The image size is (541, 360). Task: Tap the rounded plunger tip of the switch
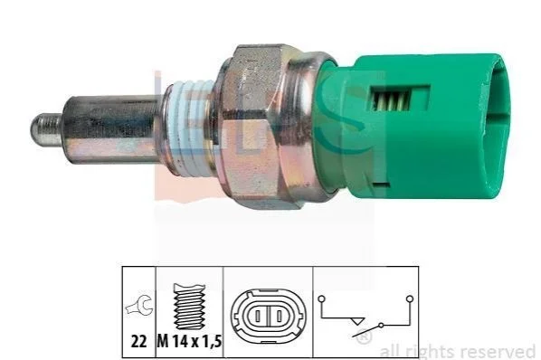pos(46,130)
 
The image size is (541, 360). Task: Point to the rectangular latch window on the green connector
pos(400,99)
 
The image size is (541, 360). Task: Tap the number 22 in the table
pos(138,341)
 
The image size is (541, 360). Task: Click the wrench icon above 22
pos(139,305)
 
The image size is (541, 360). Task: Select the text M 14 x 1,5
pos(189,341)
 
